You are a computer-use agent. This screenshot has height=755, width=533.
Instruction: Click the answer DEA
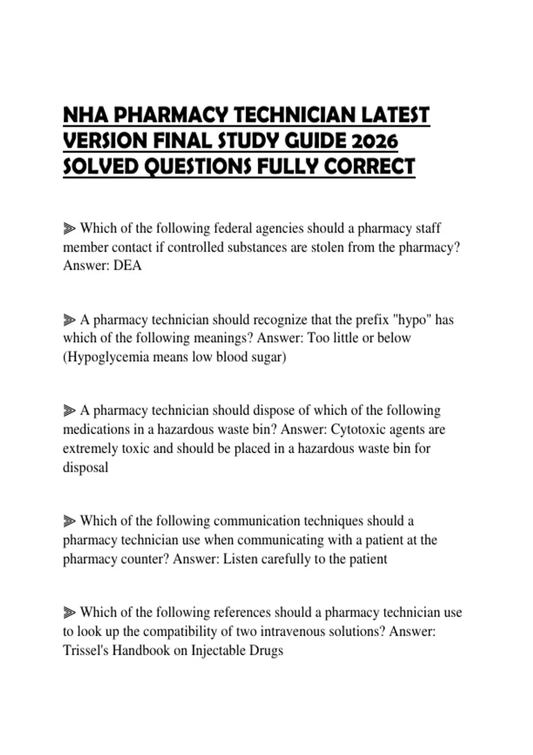click(x=127, y=266)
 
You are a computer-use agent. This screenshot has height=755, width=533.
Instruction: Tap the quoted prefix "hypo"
click(x=412, y=320)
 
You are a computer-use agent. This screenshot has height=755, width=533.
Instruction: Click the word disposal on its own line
click(x=85, y=467)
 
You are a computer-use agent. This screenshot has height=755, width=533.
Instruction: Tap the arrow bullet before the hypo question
click(x=69, y=320)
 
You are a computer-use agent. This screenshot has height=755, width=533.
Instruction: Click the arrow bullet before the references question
click(x=69, y=613)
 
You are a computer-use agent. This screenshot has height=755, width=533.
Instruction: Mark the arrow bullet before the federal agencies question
click(x=69, y=229)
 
